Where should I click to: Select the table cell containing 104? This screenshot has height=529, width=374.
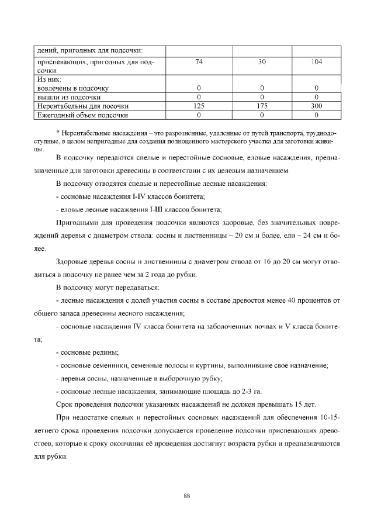316,61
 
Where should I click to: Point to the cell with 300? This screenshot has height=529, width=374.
316,106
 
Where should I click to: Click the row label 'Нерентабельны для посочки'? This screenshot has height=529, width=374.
83,106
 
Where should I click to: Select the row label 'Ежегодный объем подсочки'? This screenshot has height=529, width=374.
82,115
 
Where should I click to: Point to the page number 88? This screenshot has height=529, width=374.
187,496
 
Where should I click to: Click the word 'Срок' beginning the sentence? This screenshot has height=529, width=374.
64,404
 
